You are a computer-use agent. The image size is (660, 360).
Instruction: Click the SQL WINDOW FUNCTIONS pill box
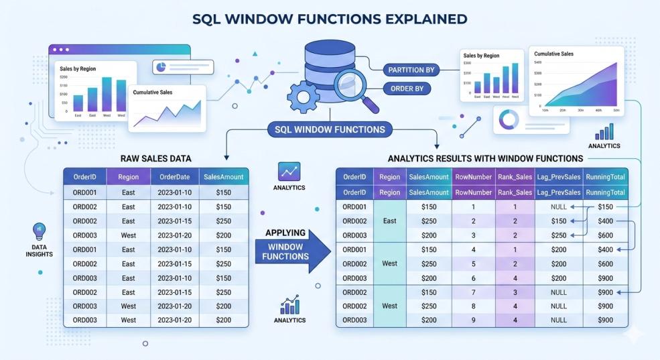(330, 129)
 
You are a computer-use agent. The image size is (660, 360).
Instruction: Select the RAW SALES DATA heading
(155, 159)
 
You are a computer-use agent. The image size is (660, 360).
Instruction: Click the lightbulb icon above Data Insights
(39, 231)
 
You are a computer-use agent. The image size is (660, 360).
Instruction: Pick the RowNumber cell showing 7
(473, 292)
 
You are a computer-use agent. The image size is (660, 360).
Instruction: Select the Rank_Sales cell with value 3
(515, 292)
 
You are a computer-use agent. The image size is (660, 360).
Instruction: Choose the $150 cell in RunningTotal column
(605, 207)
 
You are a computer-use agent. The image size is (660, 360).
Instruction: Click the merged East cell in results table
(389, 221)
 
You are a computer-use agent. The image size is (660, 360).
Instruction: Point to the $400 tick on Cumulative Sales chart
(537, 62)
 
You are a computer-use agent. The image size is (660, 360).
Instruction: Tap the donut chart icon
(509, 119)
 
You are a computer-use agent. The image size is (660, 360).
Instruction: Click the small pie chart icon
(161, 67)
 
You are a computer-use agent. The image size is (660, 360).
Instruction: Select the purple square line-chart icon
(289, 172)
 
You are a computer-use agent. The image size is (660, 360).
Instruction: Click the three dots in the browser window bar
(62, 50)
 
